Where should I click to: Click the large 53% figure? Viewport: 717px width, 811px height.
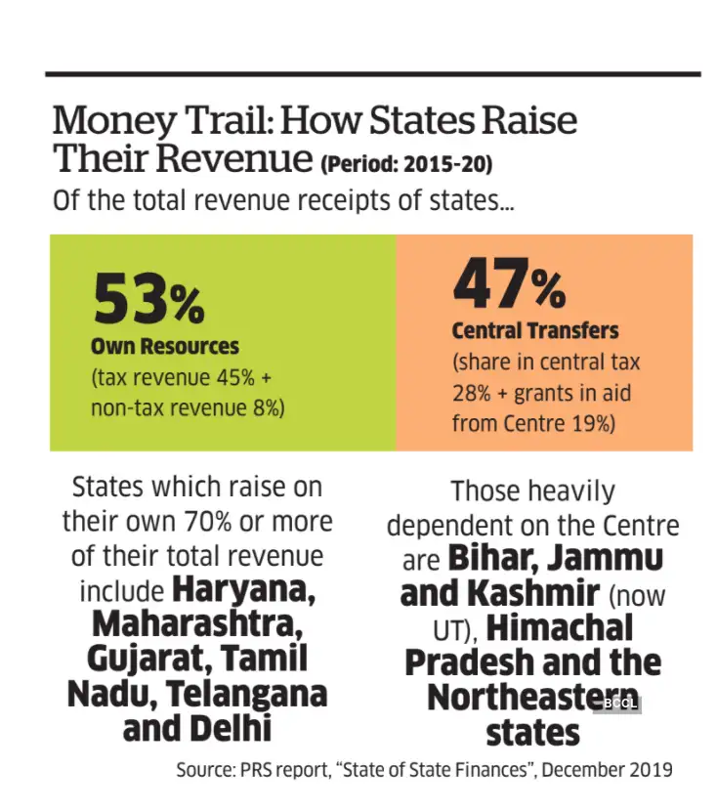[148, 298]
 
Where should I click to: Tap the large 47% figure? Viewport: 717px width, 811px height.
[508, 285]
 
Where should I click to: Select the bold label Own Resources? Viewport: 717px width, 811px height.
[165, 346]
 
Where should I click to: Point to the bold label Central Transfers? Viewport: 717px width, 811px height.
[535, 330]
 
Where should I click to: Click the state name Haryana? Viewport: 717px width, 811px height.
[243, 591]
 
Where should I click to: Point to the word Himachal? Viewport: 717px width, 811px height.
[560, 628]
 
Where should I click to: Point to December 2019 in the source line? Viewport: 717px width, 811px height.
[607, 769]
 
